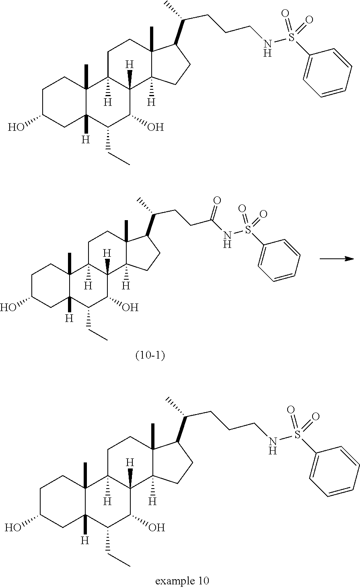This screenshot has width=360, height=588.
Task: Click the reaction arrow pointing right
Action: (336, 260)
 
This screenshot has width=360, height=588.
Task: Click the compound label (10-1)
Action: (150, 356)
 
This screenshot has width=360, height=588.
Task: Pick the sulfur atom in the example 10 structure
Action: (298, 433)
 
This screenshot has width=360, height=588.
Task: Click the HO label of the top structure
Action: (16, 128)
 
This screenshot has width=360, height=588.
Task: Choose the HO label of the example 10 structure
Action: (13, 528)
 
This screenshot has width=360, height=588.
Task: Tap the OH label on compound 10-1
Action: (130, 308)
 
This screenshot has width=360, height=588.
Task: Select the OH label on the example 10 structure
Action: (156, 528)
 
